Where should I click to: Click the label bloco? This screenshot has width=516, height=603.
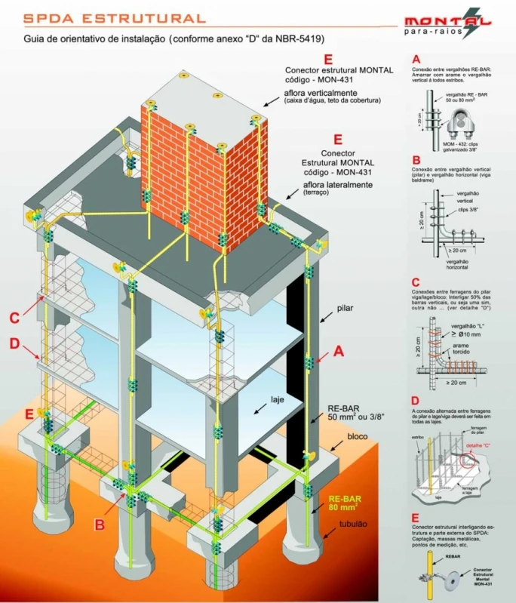click(358, 437)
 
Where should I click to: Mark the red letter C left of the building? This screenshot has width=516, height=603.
click(14, 318)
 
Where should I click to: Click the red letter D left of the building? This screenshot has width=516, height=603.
click(14, 345)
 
